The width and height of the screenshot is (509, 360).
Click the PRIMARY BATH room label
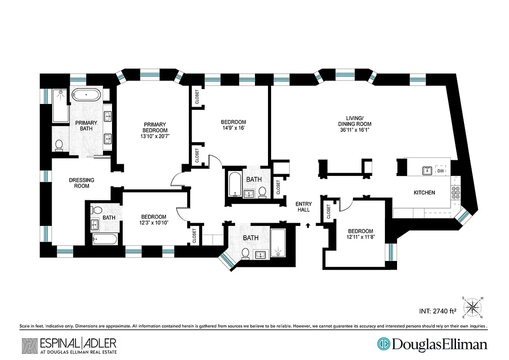tap(83, 126)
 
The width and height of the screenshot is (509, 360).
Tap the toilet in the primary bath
tap(59, 144)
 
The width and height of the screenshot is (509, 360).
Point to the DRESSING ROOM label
tap(81, 183)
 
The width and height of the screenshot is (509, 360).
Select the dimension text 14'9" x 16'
tap(233, 128)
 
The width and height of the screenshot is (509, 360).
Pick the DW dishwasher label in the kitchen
tap(441, 171)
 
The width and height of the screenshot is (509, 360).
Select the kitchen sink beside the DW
tap(426, 171)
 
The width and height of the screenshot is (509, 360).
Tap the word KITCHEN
tap(424, 193)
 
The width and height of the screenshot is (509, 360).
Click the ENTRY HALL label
tap(303, 207)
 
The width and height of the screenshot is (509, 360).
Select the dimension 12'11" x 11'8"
tap(360, 237)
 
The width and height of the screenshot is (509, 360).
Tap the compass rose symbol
tap(473, 307)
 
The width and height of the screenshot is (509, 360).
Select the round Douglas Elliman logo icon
tap(384, 344)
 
